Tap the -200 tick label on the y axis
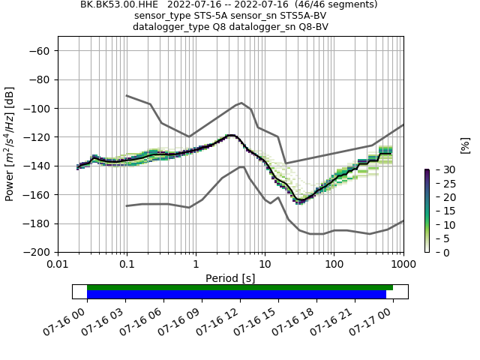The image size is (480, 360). click(x=39, y=252)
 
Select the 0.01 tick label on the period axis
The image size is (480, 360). click(x=58, y=265)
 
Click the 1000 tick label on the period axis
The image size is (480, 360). click(x=403, y=265)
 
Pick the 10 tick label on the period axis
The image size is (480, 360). click(x=265, y=265)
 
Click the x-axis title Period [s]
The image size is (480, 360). click(x=230, y=278)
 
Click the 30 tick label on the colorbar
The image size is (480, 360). click(x=442, y=170)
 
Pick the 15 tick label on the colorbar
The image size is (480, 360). click(x=442, y=211)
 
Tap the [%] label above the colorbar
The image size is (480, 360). click(x=465, y=145)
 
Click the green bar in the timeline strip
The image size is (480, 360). click(x=240, y=287)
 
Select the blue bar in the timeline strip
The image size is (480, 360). click(x=236, y=295)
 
